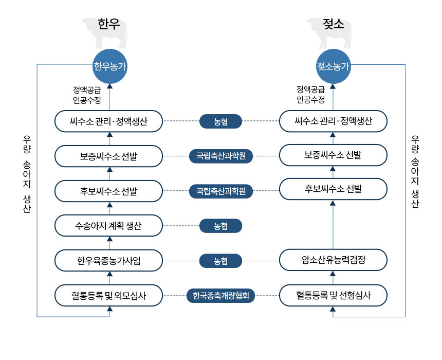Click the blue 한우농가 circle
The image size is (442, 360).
pos(109,67)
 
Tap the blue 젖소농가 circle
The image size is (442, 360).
pos(333,67)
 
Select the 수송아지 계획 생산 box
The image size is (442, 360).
pos(109,225)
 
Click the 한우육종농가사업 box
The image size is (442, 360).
pos(109,260)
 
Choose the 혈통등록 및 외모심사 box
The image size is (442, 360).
pos(109,295)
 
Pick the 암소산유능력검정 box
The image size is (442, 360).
pos(333,260)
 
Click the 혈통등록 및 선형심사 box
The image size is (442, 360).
pos(333,295)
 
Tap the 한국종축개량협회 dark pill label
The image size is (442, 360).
pos(221,296)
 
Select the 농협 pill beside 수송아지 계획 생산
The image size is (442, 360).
pos(221,226)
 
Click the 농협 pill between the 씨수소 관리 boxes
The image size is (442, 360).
pos(221,121)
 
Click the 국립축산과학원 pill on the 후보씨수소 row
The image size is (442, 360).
pos(221,191)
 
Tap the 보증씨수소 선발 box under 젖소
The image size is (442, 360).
pos(333,155)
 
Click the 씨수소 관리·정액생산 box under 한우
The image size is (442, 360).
pos(109,121)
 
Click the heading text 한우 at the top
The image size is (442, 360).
pos(108,25)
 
